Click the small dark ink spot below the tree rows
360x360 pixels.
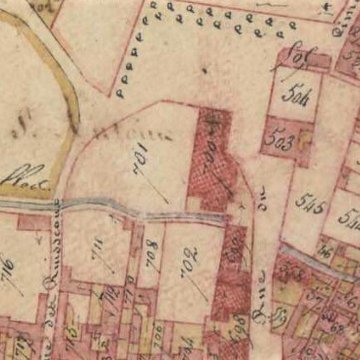[203, 71]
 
